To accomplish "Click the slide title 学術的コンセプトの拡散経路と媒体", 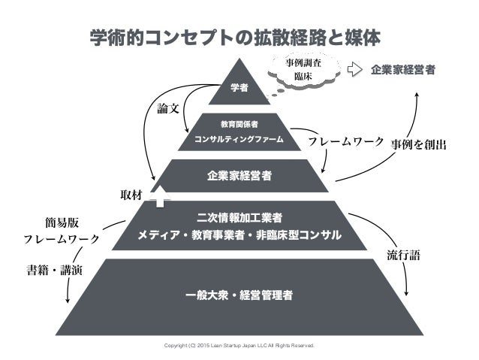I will [x=239, y=35].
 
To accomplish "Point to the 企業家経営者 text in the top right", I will [x=404, y=71].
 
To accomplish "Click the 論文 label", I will [x=167, y=108].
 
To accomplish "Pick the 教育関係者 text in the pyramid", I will [x=239, y=123].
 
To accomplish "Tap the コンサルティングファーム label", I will [x=239, y=139].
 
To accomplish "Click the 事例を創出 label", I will [x=419, y=141].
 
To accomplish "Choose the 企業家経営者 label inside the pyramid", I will [x=239, y=177].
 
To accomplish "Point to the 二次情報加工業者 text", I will [x=239, y=219].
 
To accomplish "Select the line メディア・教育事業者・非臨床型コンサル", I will [x=239, y=236].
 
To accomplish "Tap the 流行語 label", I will [x=404, y=254].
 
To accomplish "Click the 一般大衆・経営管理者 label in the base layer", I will [x=239, y=294].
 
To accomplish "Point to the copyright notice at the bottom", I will [x=239, y=346].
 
